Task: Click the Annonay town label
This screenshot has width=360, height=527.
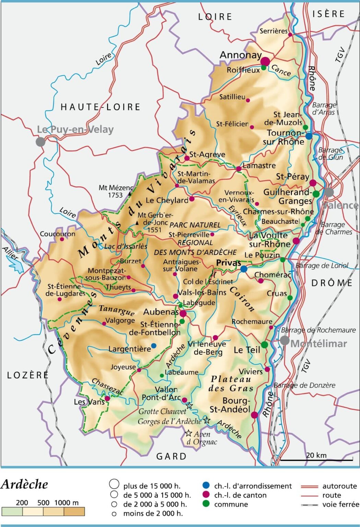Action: (x=240, y=55)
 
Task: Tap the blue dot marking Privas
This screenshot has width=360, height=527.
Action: (x=243, y=269)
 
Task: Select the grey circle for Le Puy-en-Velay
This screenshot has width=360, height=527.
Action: (x=40, y=141)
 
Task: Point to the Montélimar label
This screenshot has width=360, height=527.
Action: (x=319, y=343)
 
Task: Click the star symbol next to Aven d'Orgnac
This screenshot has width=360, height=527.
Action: (x=188, y=433)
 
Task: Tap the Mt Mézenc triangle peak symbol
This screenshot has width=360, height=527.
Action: (x=130, y=194)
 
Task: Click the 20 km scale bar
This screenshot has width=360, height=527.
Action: (x=316, y=459)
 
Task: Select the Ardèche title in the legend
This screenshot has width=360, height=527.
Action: (x=24, y=484)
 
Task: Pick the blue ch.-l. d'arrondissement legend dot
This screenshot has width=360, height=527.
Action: (x=206, y=485)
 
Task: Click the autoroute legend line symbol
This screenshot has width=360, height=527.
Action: (x=309, y=486)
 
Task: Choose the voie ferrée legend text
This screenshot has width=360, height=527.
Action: (x=340, y=504)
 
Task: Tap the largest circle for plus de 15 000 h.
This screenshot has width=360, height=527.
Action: (x=114, y=484)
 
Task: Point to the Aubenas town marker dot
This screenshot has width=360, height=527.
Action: (x=183, y=313)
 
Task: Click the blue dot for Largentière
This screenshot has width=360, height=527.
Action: (x=154, y=346)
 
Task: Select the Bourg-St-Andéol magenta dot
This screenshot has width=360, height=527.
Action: (x=254, y=415)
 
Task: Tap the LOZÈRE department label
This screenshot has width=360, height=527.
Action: (x=28, y=375)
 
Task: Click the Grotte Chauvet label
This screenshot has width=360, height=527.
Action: (x=162, y=411)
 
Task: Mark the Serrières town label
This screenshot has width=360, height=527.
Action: (x=273, y=31)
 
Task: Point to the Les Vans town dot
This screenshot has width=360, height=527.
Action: (x=107, y=399)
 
